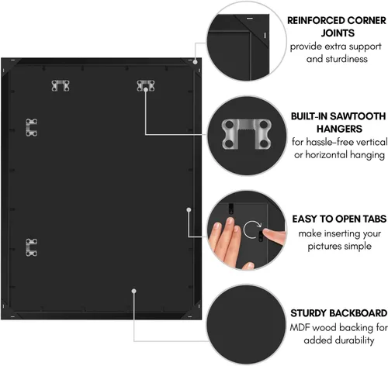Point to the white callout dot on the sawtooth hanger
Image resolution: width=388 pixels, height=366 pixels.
click(x=146, y=89)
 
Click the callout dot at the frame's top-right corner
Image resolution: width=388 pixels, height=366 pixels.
click(x=196, y=62)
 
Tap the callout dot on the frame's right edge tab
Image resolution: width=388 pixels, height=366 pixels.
click(x=189, y=209)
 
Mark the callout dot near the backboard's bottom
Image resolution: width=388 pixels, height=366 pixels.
click(x=133, y=291)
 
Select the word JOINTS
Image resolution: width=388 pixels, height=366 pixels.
click(x=338, y=33)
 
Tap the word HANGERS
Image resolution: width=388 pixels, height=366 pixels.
click(x=339, y=129)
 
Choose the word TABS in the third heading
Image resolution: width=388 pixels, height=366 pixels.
click(x=375, y=219)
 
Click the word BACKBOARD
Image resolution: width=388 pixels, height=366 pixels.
click(x=359, y=313)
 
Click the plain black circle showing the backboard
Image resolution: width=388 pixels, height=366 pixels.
click(x=246, y=324)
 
